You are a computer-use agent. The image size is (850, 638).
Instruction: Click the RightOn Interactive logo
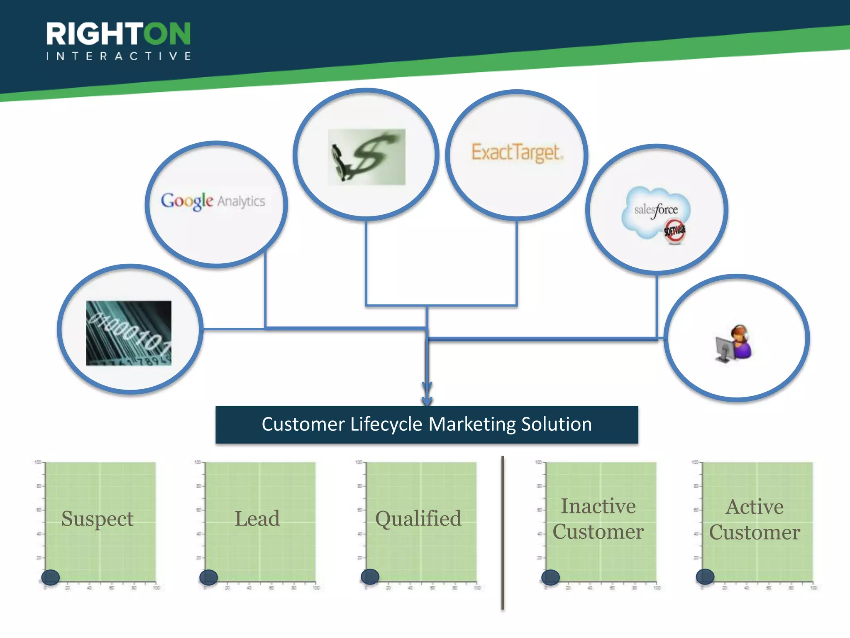point(119,41)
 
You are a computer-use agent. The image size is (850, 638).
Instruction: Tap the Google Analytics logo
point(213,201)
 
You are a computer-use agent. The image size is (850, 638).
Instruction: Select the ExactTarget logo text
point(517,152)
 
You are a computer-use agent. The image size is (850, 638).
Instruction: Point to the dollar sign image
point(366,157)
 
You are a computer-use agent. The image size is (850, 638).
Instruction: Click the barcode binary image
point(129,333)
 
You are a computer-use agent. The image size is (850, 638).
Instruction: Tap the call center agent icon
point(734,343)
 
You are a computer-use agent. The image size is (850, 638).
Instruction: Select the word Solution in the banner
point(557,425)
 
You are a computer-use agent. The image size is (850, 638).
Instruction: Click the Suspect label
point(98,519)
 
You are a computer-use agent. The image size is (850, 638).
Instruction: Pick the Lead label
point(257,519)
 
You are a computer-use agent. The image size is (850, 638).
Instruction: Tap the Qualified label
point(418,519)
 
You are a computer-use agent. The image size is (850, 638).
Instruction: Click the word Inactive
point(598,506)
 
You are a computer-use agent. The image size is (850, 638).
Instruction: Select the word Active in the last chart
point(755,507)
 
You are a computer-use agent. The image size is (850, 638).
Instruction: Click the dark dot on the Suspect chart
point(51,577)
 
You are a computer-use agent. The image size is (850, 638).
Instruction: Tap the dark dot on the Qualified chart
point(370,577)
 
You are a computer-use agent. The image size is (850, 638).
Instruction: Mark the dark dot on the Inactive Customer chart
point(551,577)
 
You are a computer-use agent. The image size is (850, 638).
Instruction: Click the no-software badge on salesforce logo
point(675,231)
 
